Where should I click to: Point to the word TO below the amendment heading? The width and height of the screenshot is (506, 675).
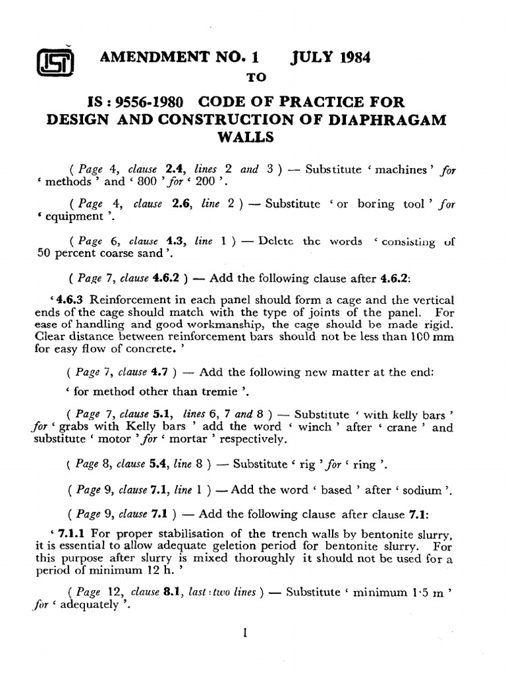click(255, 78)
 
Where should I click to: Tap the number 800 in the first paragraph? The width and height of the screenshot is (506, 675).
click(157, 182)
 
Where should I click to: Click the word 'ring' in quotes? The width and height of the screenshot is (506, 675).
click(364, 465)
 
